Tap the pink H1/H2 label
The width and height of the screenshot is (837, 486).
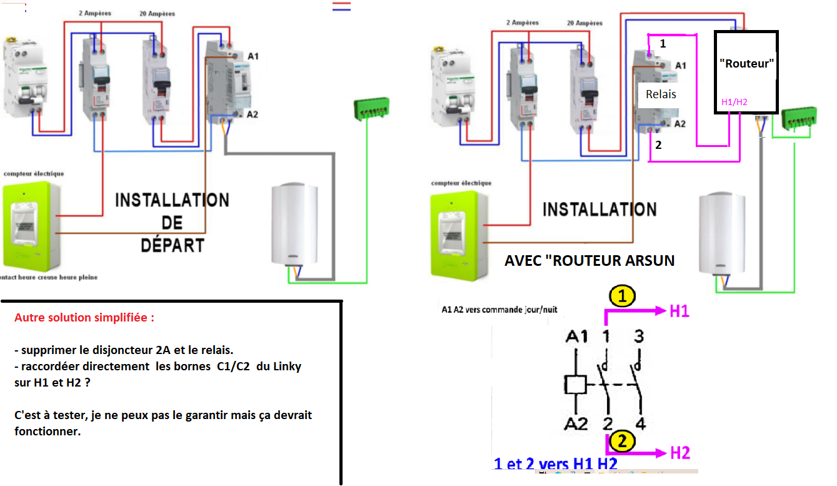pos(734,102)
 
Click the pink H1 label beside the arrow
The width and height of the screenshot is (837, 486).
pos(679,311)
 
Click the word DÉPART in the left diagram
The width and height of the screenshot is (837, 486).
pos(173,244)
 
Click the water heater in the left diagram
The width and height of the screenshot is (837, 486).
pos(298,225)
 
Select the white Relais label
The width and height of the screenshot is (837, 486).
pos(661,94)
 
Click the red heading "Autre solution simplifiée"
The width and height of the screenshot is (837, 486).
pos(84,318)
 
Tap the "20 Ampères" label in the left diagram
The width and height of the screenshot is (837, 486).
pos(157,14)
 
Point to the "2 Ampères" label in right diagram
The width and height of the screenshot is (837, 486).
pos(523,23)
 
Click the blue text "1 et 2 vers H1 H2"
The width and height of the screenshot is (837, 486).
pos(556,464)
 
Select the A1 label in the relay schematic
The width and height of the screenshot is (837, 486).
pos(576,337)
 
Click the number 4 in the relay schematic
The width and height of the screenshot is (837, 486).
pos(639,424)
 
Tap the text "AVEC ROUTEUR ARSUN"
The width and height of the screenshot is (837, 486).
pos(589,261)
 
